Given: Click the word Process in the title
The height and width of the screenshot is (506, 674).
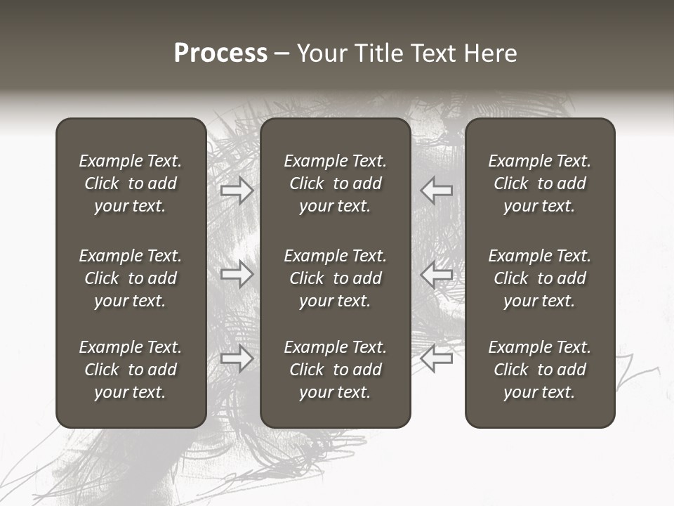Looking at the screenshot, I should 220,53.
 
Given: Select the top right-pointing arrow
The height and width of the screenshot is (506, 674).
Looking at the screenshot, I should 237,190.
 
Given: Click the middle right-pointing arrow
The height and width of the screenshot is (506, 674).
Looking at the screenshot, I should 237,274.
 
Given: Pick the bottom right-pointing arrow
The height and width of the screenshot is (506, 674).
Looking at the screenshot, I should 237,358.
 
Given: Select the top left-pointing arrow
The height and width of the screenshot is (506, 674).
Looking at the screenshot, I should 437,190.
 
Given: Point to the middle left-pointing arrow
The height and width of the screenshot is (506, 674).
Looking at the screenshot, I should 437,274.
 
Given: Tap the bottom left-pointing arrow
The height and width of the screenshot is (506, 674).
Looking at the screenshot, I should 437,358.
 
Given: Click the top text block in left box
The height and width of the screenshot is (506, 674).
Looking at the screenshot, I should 131,183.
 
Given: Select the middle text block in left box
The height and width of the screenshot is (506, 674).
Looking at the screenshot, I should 131,278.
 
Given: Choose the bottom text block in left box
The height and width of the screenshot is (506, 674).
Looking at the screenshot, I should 131,370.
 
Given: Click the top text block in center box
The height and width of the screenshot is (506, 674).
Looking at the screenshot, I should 336,183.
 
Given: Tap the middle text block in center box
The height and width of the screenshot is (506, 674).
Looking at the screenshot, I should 336,278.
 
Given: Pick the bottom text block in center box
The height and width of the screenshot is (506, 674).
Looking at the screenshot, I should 336,370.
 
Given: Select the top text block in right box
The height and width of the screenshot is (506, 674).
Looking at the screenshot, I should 540,183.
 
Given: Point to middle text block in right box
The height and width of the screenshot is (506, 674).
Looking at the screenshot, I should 540,278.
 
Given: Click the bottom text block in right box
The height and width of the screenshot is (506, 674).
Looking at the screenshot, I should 540,370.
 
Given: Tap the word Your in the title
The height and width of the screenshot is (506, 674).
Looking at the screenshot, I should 322,53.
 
